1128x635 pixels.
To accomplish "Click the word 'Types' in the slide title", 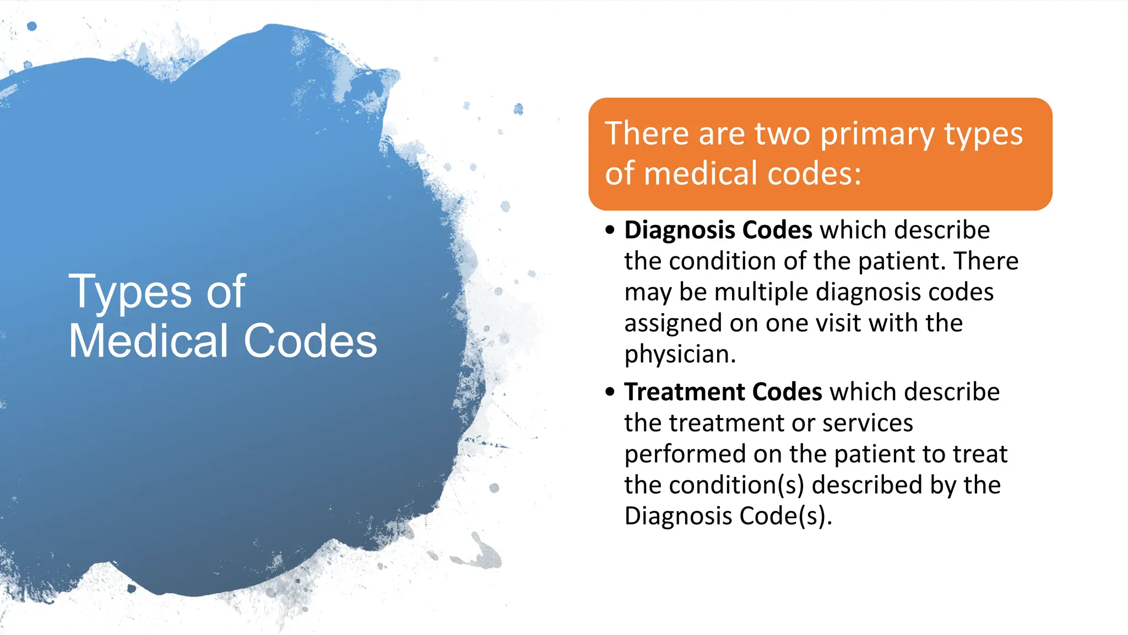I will pyautogui.click(x=130, y=293).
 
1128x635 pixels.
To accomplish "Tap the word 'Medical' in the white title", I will pyautogui.click(x=148, y=341).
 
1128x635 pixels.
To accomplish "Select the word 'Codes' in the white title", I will pyautogui.click(x=310, y=341).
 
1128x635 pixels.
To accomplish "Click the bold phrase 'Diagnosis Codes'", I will pyautogui.click(x=718, y=230).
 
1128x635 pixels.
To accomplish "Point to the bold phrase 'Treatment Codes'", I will pyautogui.click(x=723, y=392).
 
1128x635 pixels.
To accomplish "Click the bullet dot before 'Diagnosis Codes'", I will pyautogui.click(x=610, y=230).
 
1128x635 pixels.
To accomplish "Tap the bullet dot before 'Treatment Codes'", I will pyautogui.click(x=610, y=392).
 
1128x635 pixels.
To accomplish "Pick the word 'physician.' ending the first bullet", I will pyautogui.click(x=680, y=354).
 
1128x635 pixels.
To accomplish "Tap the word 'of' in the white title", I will pyautogui.click(x=225, y=292).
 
